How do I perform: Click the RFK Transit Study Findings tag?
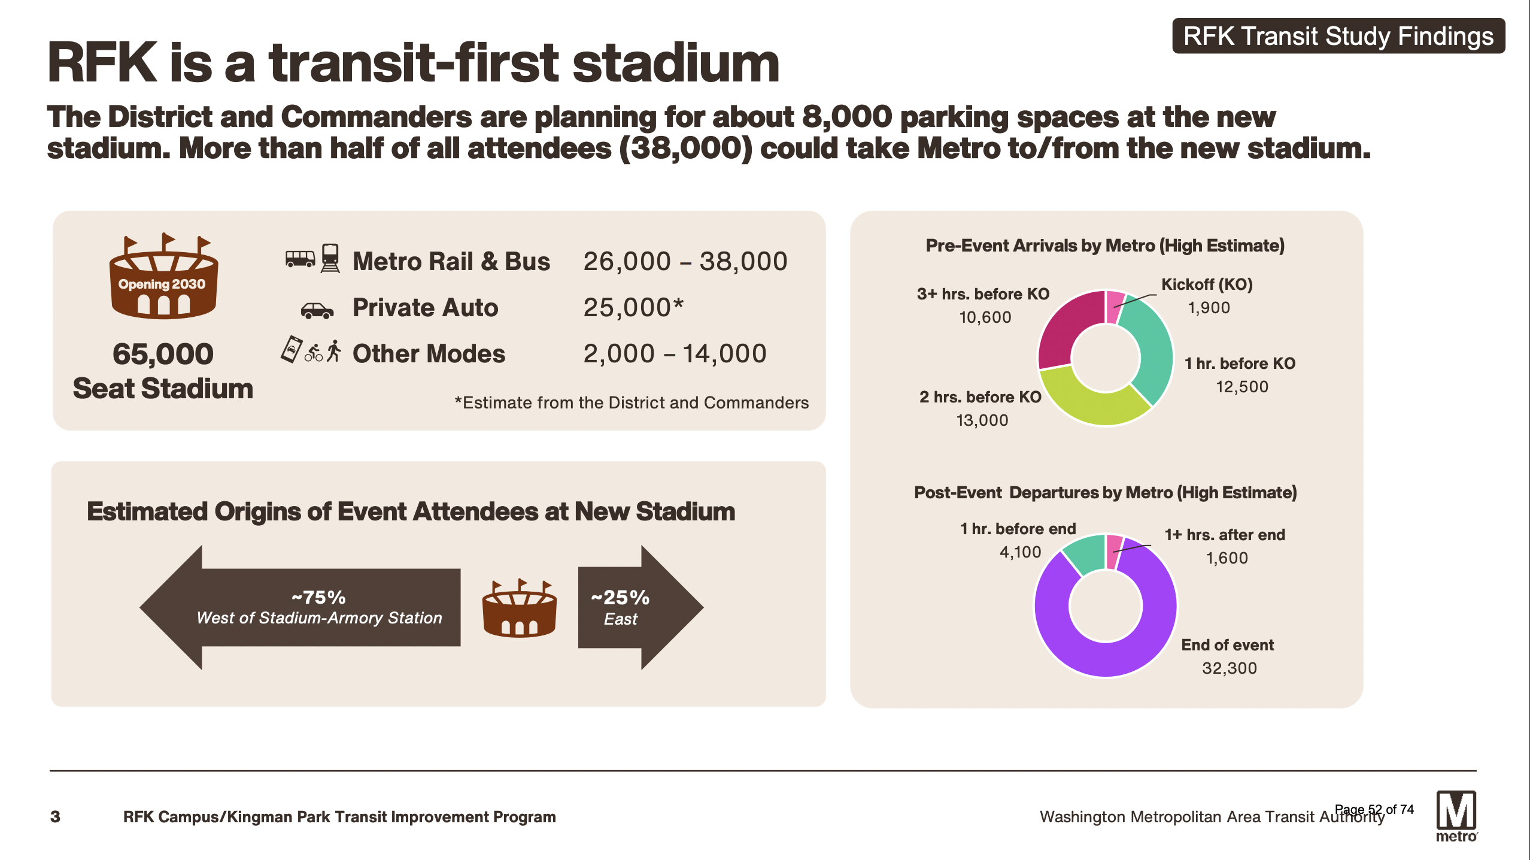1338,36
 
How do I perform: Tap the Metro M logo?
1456,816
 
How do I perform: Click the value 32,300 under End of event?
1230,668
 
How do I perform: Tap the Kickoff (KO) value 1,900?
1209,307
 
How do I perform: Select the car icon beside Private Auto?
317,310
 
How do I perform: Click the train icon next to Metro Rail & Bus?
330,258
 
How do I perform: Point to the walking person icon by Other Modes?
334,351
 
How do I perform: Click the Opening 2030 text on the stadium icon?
162,284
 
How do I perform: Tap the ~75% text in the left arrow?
318,597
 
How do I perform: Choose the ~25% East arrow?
640,607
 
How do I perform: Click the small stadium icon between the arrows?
519,607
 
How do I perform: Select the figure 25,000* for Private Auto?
633,307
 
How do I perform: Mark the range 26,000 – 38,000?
685,261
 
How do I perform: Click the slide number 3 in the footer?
55,817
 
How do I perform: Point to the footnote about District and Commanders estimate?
632,402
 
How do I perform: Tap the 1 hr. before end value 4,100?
1020,552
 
